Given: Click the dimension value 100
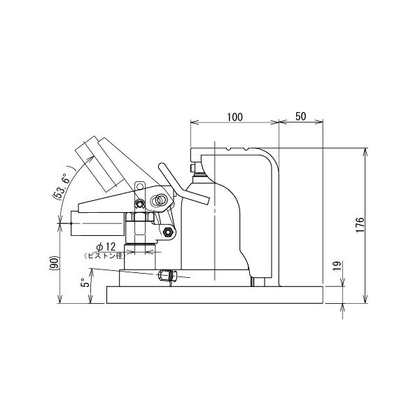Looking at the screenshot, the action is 235,117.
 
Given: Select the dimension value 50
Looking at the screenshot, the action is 300,116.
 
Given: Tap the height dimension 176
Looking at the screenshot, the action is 360,225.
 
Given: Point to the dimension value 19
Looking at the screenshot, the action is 337,265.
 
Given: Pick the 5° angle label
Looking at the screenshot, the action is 85,282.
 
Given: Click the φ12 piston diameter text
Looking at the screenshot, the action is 106,246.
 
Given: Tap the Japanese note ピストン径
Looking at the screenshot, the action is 104,255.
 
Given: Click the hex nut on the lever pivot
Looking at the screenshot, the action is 168,232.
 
